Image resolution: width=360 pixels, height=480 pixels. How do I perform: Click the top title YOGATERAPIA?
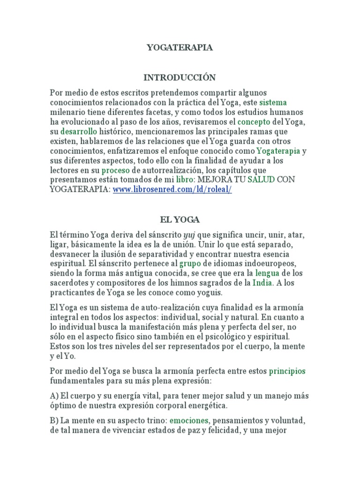pos(180,47)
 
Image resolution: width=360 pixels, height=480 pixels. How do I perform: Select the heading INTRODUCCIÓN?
pos(180,77)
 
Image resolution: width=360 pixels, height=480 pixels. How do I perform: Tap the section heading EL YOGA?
pos(180,219)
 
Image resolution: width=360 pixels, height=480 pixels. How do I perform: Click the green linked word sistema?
pos(273,102)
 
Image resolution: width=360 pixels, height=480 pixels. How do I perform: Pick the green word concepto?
pos(254,122)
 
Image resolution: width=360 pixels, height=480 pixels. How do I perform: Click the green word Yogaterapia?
pos(278,151)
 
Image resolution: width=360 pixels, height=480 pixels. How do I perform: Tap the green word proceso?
pos(116,170)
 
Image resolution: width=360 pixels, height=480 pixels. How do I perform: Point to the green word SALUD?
pos(262,180)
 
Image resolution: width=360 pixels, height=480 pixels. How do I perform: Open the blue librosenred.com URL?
pos(172,190)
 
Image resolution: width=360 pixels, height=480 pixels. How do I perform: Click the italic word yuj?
pos(188,234)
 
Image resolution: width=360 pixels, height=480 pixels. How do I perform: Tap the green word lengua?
pos(267,273)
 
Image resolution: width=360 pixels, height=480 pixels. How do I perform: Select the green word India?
pos(262,283)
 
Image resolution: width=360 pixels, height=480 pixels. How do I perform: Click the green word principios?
pos(287,372)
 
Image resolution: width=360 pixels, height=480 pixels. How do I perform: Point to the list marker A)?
pos(54,396)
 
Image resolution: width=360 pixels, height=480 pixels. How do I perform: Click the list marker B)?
pos(54,420)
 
